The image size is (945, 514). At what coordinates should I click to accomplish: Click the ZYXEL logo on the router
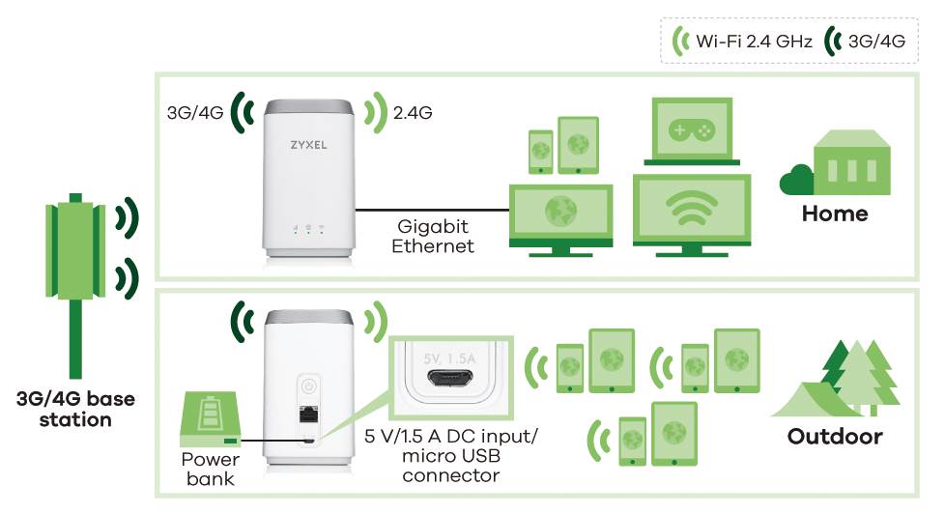tap(308, 151)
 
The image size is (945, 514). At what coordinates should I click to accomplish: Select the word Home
tap(835, 213)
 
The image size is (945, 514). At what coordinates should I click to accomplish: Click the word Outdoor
tap(835, 436)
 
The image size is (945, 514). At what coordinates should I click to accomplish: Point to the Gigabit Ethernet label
tap(433, 236)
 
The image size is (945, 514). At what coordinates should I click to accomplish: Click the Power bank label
tap(209, 468)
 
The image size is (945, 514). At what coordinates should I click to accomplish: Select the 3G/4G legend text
tap(877, 42)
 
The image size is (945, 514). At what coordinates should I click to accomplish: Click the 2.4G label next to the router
tap(413, 113)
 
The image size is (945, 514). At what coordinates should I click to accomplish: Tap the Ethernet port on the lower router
tap(307, 418)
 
